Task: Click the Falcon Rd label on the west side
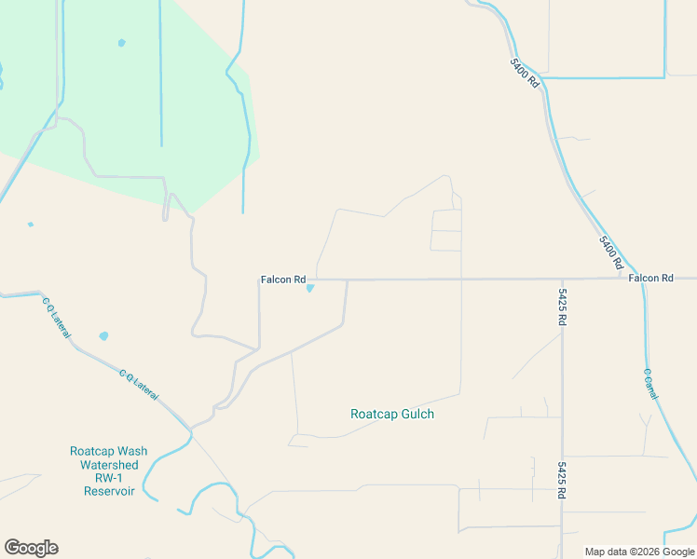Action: [x=283, y=279]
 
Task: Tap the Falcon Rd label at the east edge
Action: [x=650, y=279]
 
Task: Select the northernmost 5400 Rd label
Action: [x=525, y=74]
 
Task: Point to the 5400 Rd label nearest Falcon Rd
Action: [x=608, y=249]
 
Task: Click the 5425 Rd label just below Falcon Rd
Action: [x=563, y=307]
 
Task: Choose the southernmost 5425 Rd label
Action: [x=563, y=478]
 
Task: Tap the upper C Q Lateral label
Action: [x=55, y=318]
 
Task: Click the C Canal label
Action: [x=650, y=384]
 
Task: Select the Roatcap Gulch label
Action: [x=392, y=415]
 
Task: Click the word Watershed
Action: [x=109, y=465]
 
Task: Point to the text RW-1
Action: [x=109, y=478]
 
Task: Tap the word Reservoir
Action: [x=109, y=491]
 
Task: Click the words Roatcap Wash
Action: [x=109, y=452]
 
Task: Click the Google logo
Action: [x=31, y=548]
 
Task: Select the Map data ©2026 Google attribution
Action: [x=639, y=552]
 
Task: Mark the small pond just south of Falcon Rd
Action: [x=310, y=288]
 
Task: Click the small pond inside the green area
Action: [x=121, y=43]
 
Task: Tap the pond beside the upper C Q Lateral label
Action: [x=103, y=335]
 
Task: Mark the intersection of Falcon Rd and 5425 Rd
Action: [x=562, y=279]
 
